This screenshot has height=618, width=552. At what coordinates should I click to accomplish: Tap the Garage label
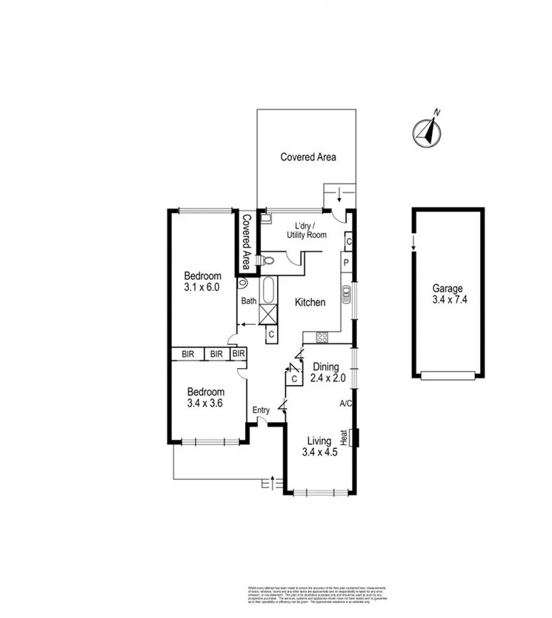pyautogui.click(x=448, y=289)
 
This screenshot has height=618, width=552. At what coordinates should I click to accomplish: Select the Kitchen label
pyautogui.click(x=310, y=302)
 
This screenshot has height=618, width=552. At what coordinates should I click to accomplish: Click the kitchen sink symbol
pyautogui.click(x=346, y=295)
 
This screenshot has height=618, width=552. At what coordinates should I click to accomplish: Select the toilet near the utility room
pyautogui.click(x=267, y=260)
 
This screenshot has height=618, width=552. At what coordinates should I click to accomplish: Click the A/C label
pyautogui.click(x=345, y=404)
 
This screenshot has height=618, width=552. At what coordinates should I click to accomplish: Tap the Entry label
pyautogui.click(x=261, y=410)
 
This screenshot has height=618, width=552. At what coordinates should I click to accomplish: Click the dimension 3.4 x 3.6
pyautogui.click(x=205, y=404)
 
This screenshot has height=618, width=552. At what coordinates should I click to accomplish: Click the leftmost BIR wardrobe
pyautogui.click(x=188, y=355)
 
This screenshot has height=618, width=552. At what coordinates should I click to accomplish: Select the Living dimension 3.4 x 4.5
pyautogui.click(x=320, y=453)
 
